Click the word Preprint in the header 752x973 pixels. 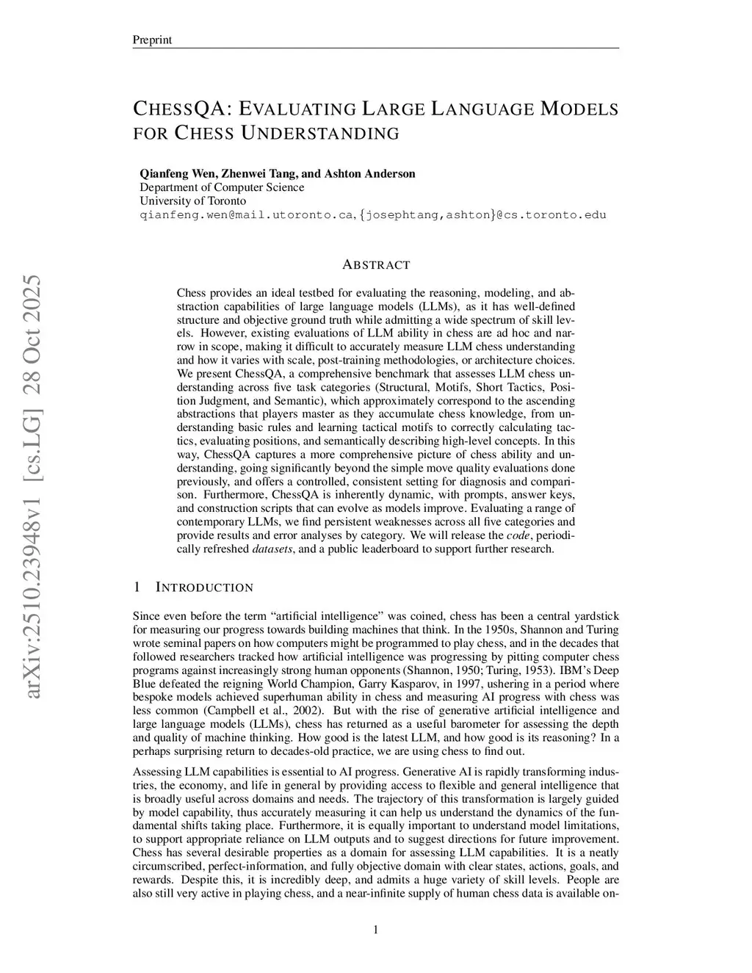click(x=151, y=40)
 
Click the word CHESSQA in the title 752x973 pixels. click(x=177, y=109)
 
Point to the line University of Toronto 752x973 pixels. click(x=192, y=200)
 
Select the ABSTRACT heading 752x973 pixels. click(x=376, y=265)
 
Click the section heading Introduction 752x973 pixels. click(x=204, y=587)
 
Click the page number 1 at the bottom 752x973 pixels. click(x=376, y=930)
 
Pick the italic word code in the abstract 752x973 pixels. click(x=518, y=535)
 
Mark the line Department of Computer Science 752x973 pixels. click(x=222, y=187)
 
